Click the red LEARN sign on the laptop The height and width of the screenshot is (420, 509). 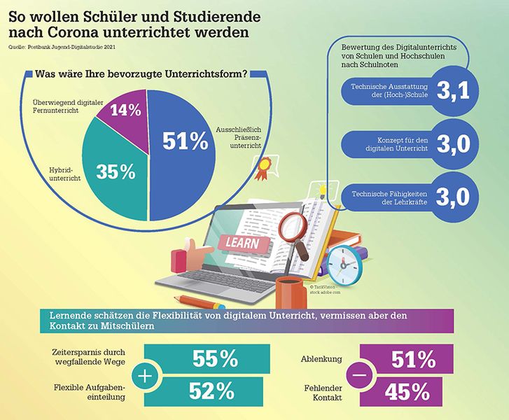(x=241, y=244)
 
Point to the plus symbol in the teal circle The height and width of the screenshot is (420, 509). (x=144, y=377)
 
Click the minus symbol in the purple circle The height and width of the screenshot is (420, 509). (x=361, y=377)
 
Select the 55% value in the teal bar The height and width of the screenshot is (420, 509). (x=215, y=359)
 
